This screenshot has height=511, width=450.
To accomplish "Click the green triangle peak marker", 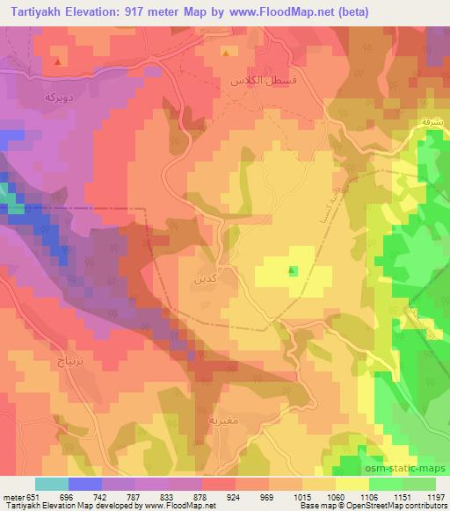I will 293,270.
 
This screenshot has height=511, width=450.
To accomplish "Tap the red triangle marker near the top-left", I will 57,62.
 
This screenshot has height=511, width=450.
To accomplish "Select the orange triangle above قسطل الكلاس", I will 226,53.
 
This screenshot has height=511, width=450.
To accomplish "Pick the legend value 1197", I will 435,496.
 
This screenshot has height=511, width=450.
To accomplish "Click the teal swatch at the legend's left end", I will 52,484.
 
